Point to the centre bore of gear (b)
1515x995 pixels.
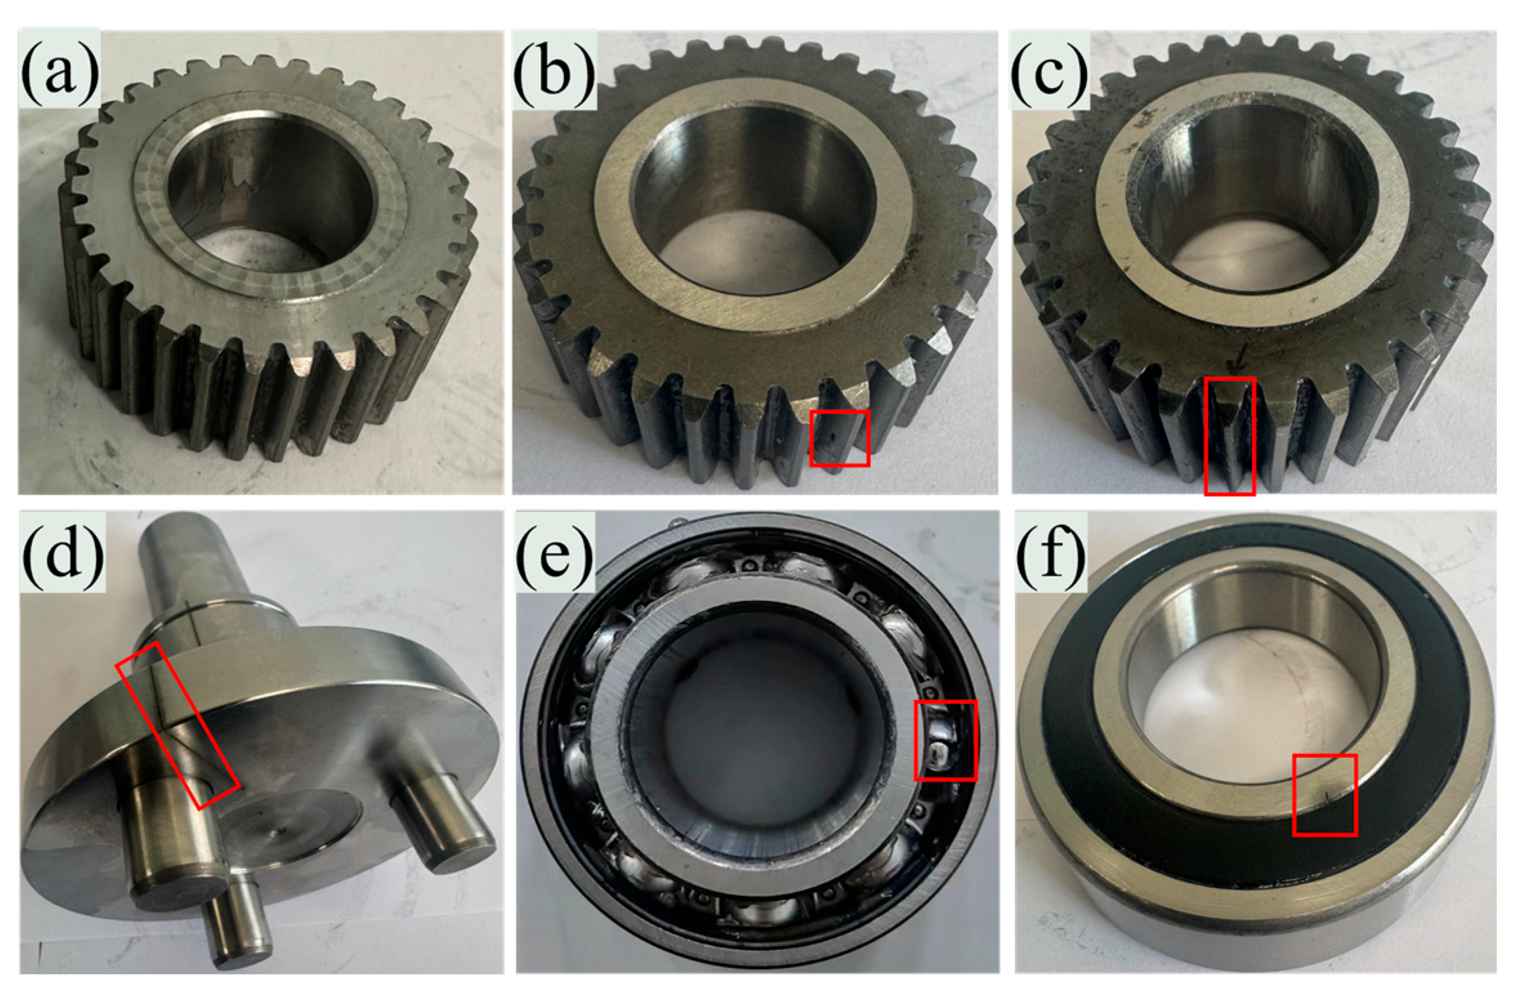(x=754, y=200)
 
